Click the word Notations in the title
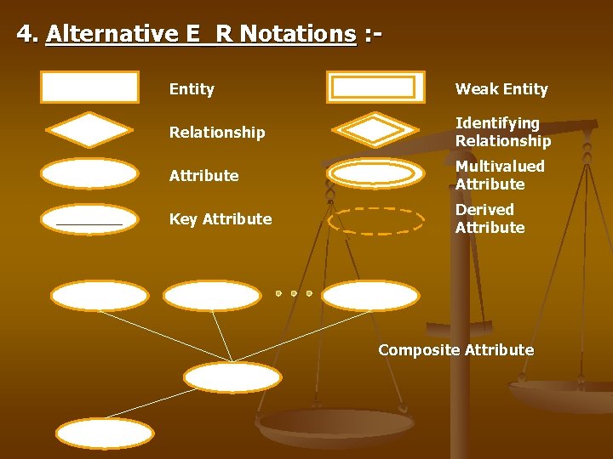click(297, 34)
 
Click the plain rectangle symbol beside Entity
click(89, 87)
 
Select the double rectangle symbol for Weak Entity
click(375, 87)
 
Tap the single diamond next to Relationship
click(89, 130)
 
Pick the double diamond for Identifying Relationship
click(375, 130)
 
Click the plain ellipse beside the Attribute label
click(89, 173)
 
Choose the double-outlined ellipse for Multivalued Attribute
click(375, 173)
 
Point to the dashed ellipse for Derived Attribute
click(375, 220)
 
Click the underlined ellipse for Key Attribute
click(89, 218)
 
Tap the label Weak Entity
click(501, 89)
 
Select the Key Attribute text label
click(221, 219)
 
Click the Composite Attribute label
click(455, 350)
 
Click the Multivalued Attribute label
click(499, 175)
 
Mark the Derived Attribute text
click(490, 218)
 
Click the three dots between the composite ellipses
click(293, 293)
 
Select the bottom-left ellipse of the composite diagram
click(105, 433)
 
